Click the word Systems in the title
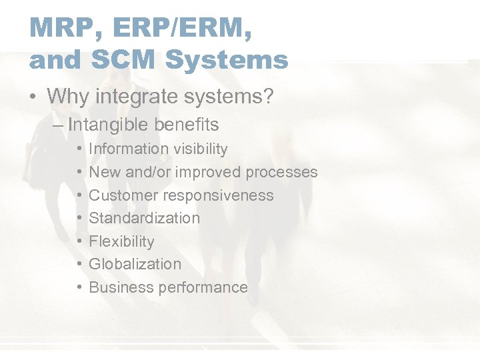point(226,60)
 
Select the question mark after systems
point(268,96)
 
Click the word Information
point(129,149)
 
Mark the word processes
point(282,173)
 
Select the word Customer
point(120,195)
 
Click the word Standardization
point(144,218)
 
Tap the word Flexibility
point(121,241)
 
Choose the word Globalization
point(135,264)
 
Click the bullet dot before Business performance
point(79,287)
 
